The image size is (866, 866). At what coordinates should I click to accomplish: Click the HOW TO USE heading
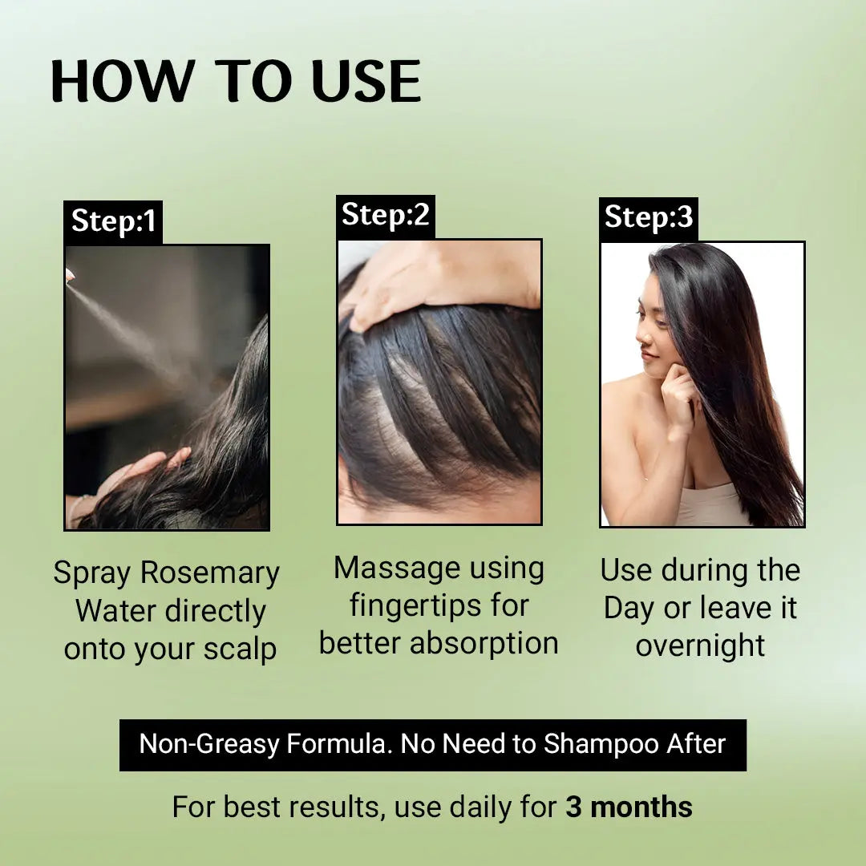pyautogui.click(x=235, y=81)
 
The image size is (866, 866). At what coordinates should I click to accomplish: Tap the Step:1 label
pyautogui.click(x=113, y=221)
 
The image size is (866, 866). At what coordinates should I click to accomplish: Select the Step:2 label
pyautogui.click(x=385, y=215)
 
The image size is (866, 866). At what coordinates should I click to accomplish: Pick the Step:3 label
pyautogui.click(x=648, y=217)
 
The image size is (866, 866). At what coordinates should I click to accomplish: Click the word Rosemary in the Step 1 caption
pyautogui.click(x=209, y=573)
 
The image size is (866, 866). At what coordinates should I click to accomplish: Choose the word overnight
pyautogui.click(x=700, y=645)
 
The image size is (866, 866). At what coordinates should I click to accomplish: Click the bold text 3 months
pyautogui.click(x=629, y=807)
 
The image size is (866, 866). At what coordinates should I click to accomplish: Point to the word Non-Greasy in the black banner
pyautogui.click(x=210, y=744)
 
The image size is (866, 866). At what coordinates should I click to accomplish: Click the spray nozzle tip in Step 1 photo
pyautogui.click(x=69, y=276)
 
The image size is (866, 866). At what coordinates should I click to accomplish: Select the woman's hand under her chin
pyautogui.click(x=678, y=393)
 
